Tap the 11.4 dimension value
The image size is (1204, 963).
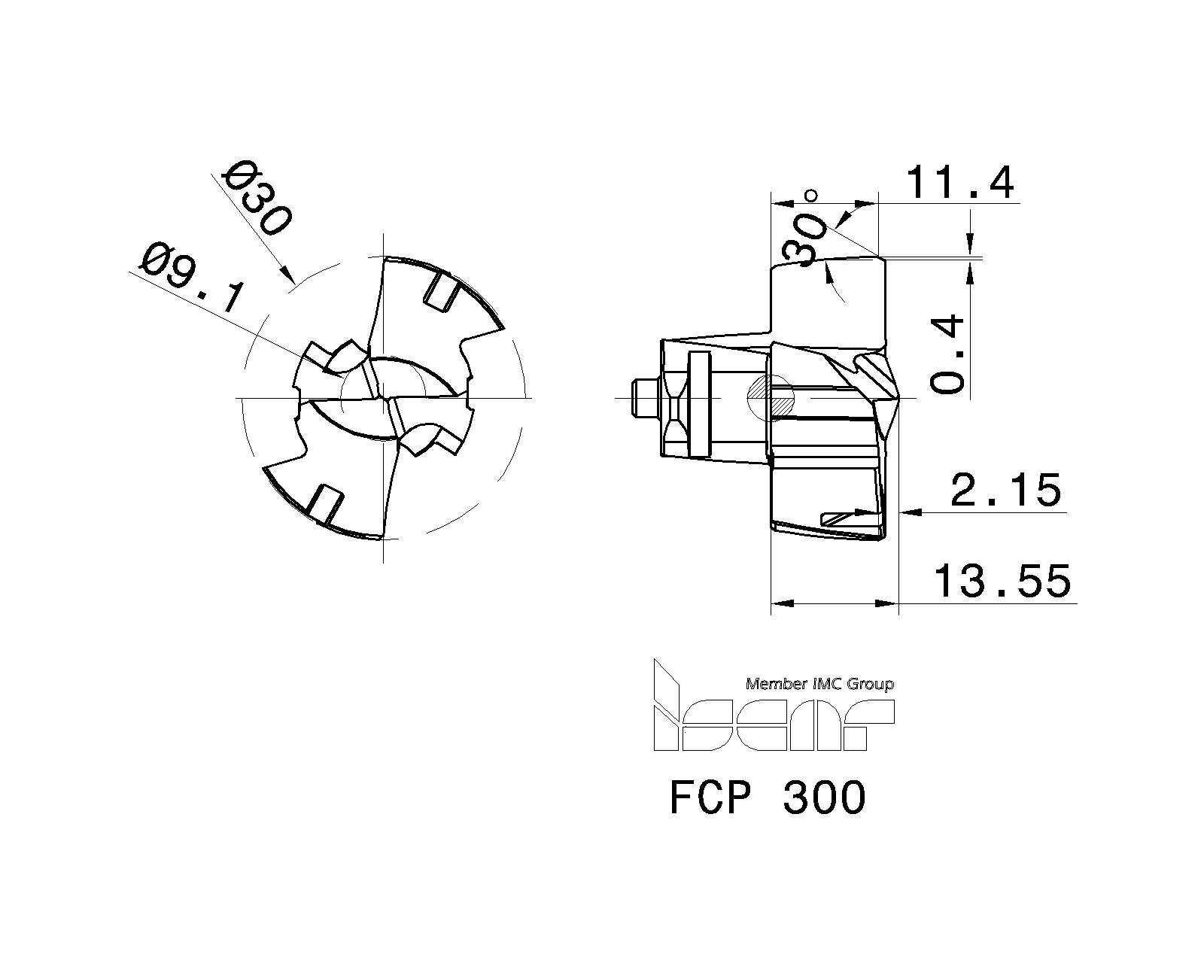point(959,183)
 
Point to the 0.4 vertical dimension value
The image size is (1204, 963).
point(947,354)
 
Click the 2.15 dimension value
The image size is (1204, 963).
point(1005,491)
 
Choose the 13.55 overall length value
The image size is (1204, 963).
point(1002,582)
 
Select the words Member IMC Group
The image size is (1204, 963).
point(819,684)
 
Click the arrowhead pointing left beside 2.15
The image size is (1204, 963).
point(910,512)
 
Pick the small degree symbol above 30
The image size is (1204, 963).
point(810,196)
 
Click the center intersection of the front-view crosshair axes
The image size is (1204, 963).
point(384,397)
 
